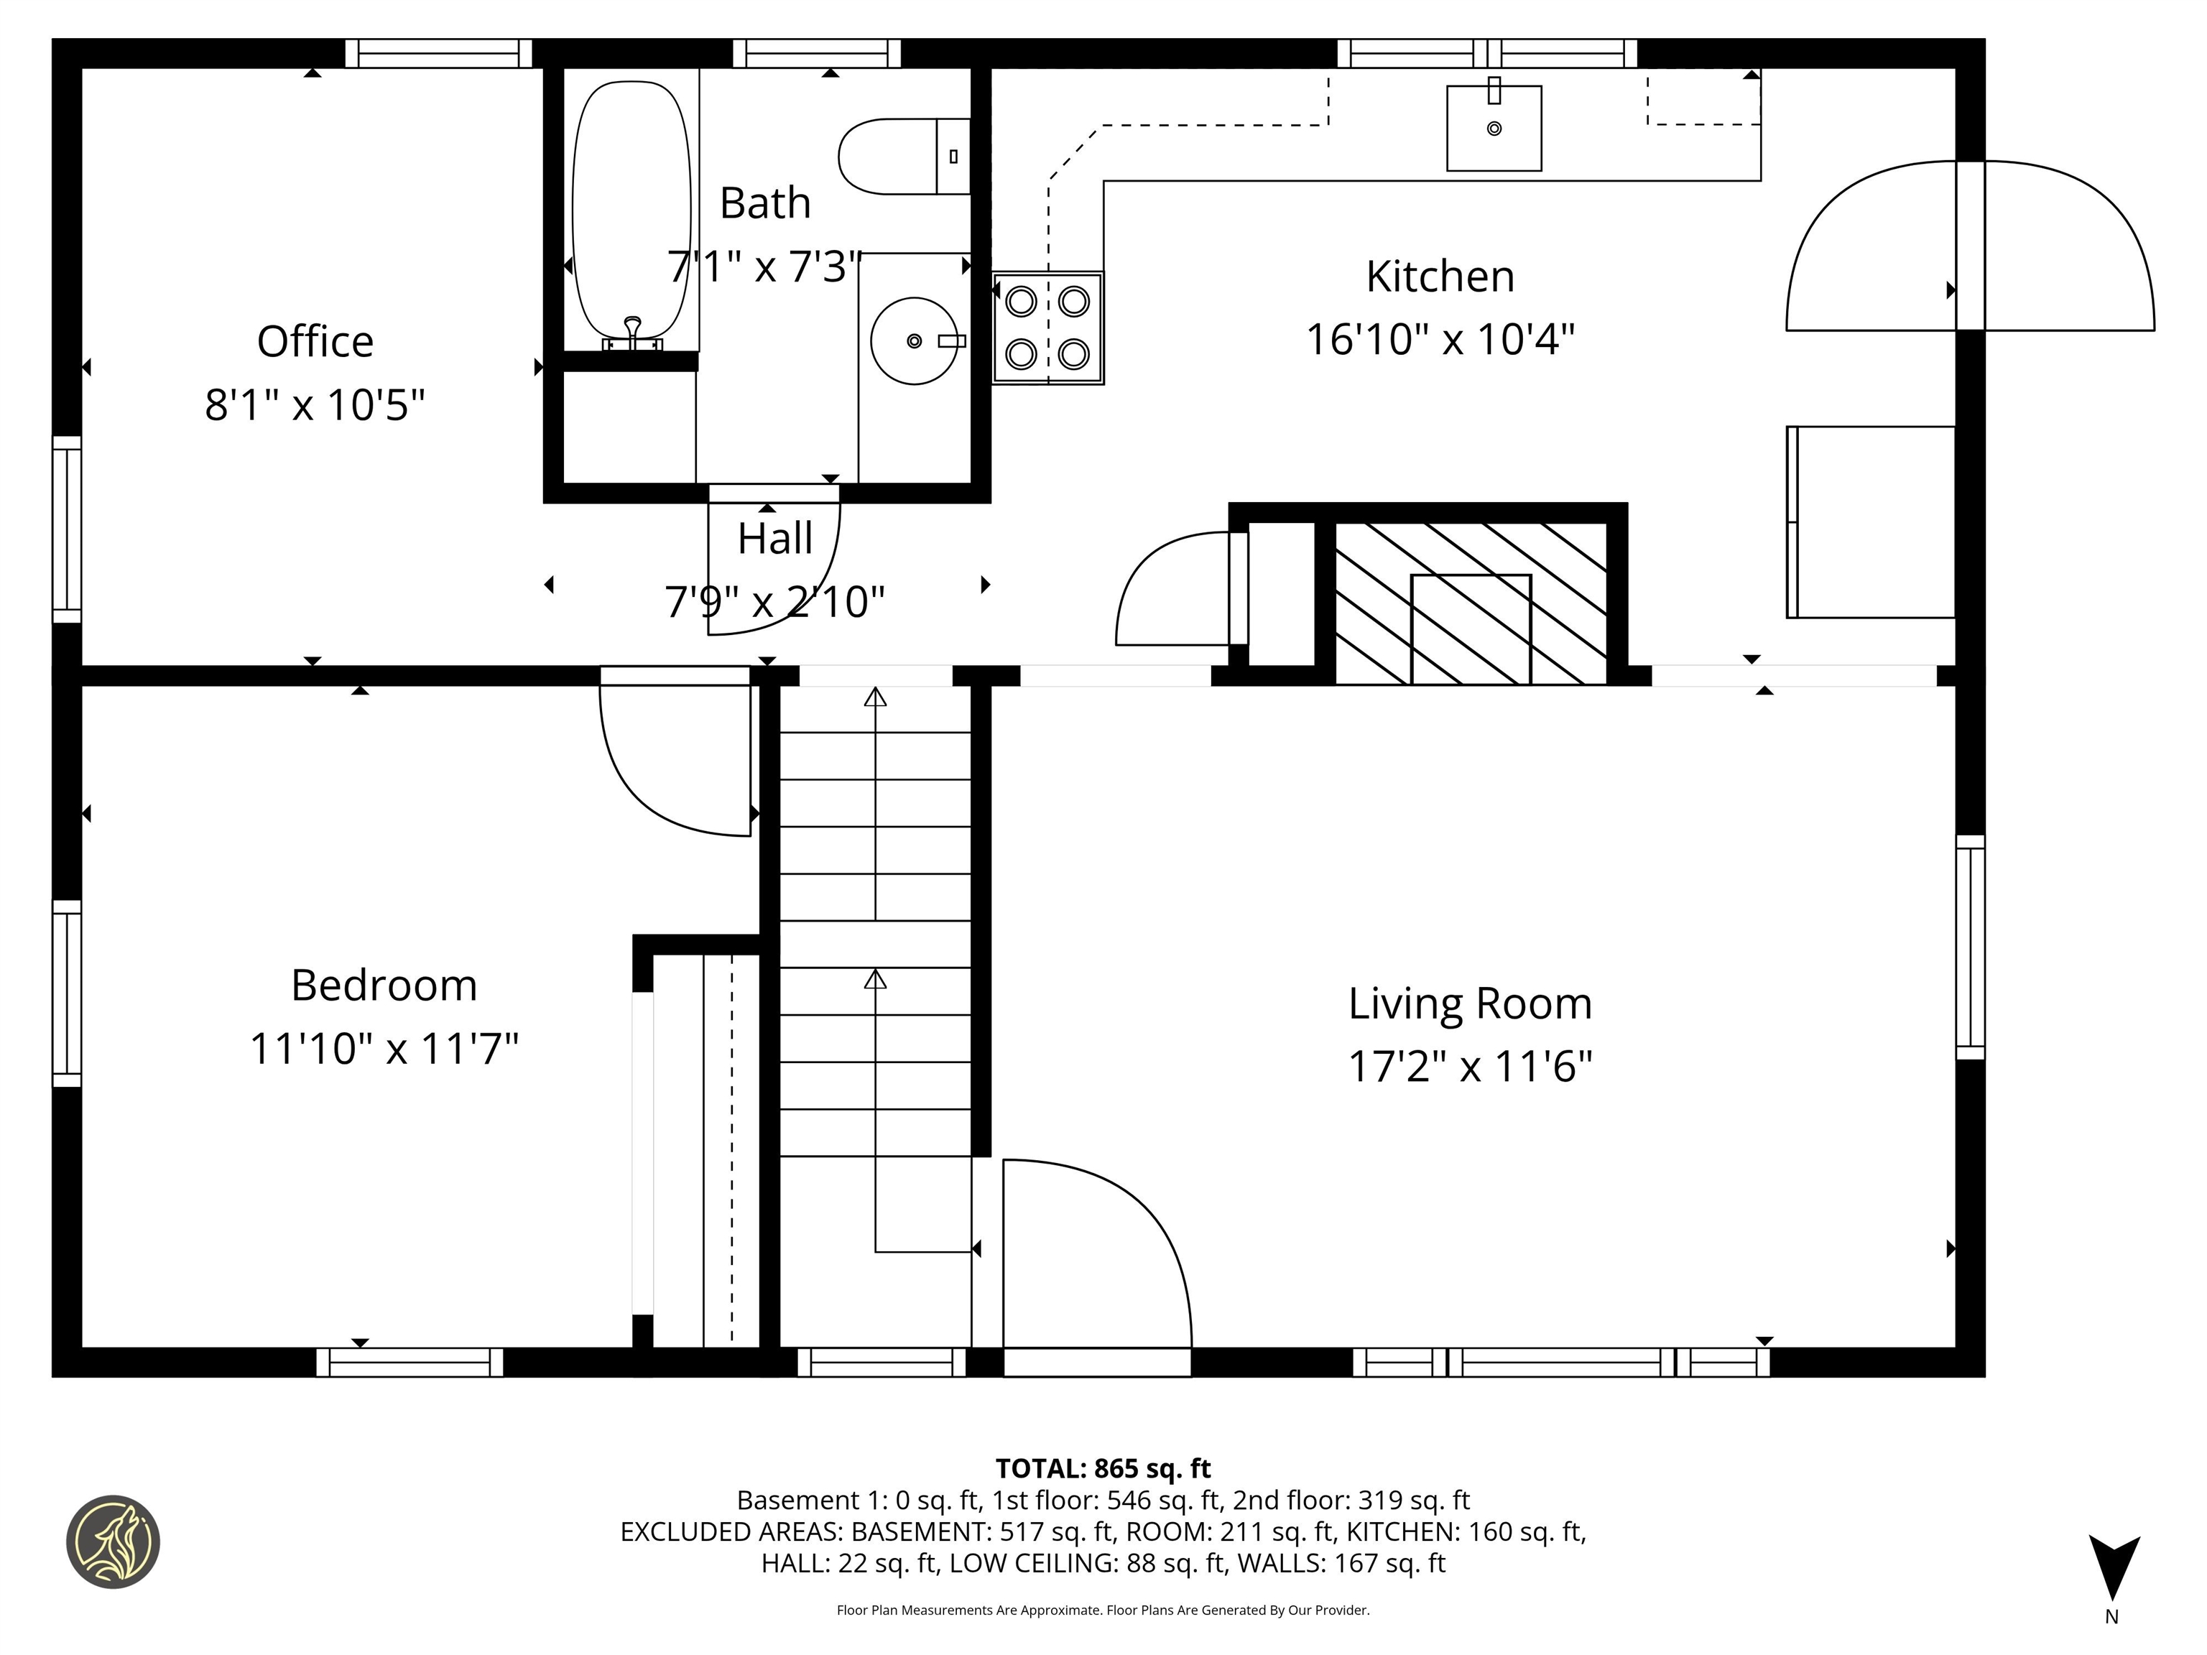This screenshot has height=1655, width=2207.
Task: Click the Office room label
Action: pyautogui.click(x=315, y=342)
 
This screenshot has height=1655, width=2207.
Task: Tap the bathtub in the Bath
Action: pyautogui.click(x=631, y=210)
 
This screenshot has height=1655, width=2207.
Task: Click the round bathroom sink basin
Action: pyautogui.click(x=913, y=341)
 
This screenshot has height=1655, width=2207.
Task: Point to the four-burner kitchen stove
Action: pyautogui.click(x=1047, y=328)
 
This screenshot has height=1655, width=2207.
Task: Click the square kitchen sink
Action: pyautogui.click(x=1494, y=129)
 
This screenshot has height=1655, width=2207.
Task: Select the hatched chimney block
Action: pyautogui.click(x=1470, y=603)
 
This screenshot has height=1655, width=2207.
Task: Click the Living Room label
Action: pyautogui.click(x=1470, y=1003)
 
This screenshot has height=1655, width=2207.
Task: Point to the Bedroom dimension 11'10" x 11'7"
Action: pyautogui.click(x=384, y=1049)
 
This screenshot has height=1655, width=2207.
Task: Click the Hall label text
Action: pyautogui.click(x=774, y=539)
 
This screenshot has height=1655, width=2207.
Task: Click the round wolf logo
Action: pyautogui.click(x=113, y=1542)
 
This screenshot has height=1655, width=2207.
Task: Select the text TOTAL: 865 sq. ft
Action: pyautogui.click(x=1103, y=1468)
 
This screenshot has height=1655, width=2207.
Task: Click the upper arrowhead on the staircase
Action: pyautogui.click(x=875, y=696)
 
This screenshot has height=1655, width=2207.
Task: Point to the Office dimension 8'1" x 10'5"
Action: pyautogui.click(x=315, y=406)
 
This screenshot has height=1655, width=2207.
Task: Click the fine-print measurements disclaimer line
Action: pyautogui.click(x=1103, y=1610)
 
